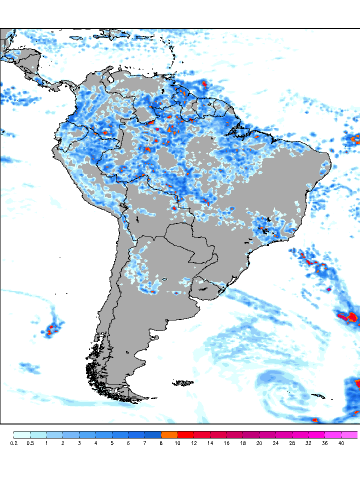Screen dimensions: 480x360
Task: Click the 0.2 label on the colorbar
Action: coord(13,443)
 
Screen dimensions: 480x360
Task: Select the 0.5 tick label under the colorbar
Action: coord(30,443)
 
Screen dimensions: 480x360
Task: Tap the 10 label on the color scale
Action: coord(177,443)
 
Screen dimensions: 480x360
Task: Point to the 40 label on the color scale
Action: coord(341,443)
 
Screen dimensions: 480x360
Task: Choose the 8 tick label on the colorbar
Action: coord(161,443)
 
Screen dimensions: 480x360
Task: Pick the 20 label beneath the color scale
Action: coord(259,443)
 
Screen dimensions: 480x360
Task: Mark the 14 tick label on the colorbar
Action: coord(210,443)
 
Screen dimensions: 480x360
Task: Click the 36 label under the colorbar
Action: coord(324,443)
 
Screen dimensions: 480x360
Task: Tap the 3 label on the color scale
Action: coord(79,443)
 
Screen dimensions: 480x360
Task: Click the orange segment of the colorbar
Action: coord(169,434)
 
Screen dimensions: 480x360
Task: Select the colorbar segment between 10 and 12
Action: coord(185,434)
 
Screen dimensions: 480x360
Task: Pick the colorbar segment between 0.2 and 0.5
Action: coord(21,434)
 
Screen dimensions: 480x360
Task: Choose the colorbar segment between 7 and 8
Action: coord(152,434)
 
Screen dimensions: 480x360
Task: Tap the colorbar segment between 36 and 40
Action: coord(332,434)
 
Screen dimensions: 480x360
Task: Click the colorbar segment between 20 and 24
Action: coord(267,434)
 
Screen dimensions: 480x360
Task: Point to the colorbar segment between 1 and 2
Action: coord(54,434)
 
